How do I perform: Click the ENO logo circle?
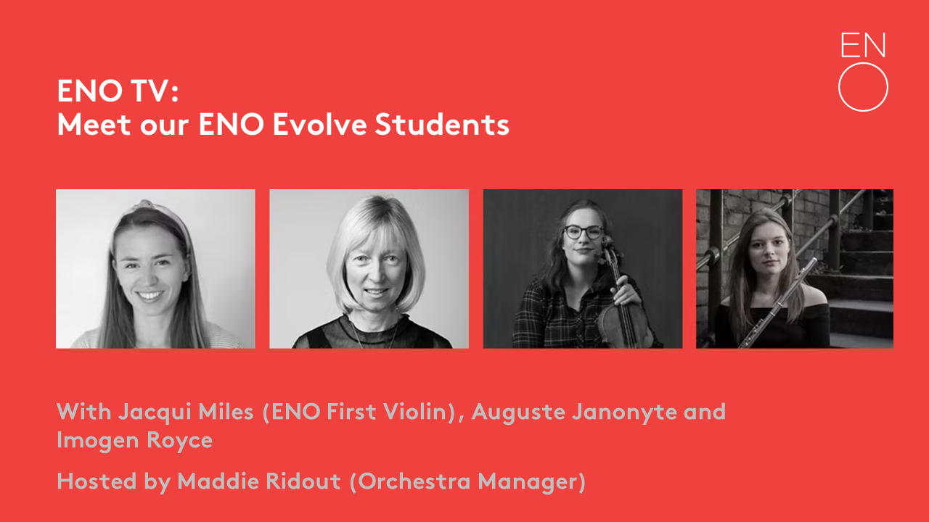[863, 63]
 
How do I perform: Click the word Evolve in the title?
[320, 124]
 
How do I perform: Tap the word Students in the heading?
[442, 124]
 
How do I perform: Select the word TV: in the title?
[155, 91]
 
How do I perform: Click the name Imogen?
[97, 440]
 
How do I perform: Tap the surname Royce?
[179, 440]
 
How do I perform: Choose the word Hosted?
[97, 481]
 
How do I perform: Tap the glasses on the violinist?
[584, 232]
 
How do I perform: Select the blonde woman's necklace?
[375, 331]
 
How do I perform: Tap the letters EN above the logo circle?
[863, 45]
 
